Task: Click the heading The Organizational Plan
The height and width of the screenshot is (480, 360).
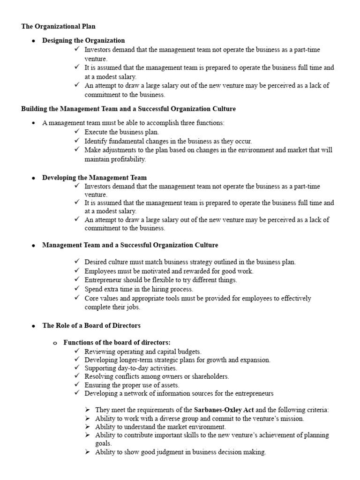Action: coord(59,26)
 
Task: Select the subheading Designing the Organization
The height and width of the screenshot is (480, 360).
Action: coord(83,40)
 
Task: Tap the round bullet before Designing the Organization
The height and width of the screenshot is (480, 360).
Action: coord(33,41)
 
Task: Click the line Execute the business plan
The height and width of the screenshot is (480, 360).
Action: coord(121,132)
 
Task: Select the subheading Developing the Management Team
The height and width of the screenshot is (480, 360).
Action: coord(94,178)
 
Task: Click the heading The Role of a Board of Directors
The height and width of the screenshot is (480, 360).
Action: coord(91,325)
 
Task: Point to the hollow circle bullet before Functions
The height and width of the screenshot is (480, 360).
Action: coord(55,343)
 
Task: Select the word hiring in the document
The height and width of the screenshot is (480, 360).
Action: coord(146,289)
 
